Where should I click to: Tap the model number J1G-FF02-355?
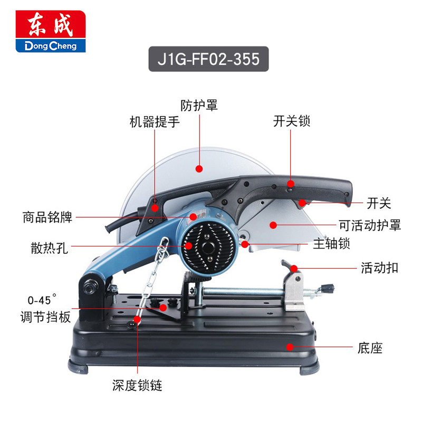209,59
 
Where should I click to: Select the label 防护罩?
199,105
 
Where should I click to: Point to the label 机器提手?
155,123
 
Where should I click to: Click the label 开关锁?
292,121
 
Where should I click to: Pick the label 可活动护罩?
369,226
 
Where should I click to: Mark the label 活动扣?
379,268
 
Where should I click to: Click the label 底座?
369,348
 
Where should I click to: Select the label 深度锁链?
137,386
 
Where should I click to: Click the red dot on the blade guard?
199,169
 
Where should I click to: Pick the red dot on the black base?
289,346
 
